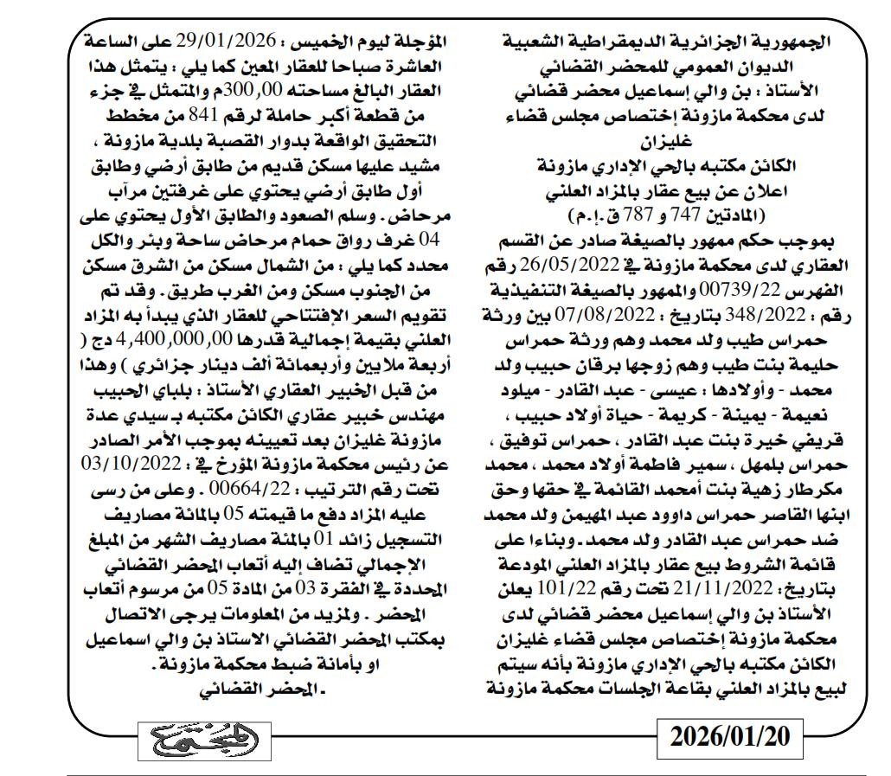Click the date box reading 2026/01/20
tap(730, 737)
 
